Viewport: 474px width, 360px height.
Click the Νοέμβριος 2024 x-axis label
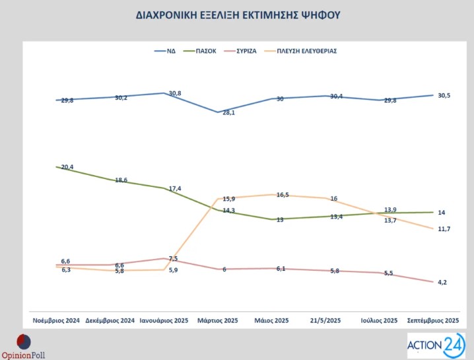click(x=57, y=320)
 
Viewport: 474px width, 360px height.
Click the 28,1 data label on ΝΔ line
click(x=228, y=113)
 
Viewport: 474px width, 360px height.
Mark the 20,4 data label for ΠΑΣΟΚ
click(x=67, y=167)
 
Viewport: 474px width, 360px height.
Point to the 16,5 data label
click(x=282, y=195)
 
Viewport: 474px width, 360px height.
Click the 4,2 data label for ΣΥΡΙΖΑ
click(x=442, y=282)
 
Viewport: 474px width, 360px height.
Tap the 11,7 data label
click(x=444, y=229)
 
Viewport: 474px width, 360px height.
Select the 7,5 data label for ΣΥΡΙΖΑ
click(x=174, y=258)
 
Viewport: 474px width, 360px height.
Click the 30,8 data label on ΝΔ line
click(x=175, y=93)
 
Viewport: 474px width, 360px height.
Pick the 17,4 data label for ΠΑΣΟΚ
click(x=175, y=189)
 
